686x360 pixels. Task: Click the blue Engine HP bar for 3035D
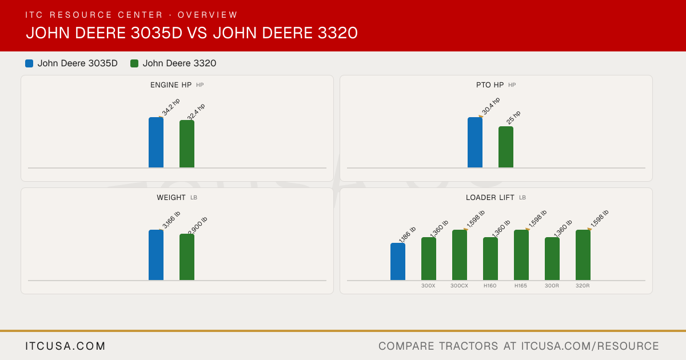[x=156, y=142]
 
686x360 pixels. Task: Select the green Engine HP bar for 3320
[x=187, y=144]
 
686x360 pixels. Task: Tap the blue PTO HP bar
[x=475, y=142]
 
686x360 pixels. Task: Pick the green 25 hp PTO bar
[x=506, y=147]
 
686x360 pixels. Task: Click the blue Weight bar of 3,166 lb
[x=156, y=255]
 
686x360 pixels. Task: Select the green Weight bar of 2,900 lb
[x=187, y=257]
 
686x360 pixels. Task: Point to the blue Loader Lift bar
[x=398, y=262]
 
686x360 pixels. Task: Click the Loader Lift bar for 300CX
[x=460, y=255]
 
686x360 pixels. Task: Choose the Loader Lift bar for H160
[x=490, y=259]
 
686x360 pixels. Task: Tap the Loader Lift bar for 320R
[x=583, y=255]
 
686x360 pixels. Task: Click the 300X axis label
[x=428, y=286]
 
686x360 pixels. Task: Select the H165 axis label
[x=521, y=286]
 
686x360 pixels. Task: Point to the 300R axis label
[x=552, y=286]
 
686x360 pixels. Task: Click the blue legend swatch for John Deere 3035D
[x=29, y=63]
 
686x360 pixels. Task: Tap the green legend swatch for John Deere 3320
[x=134, y=63]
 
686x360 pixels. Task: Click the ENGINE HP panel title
[x=171, y=85]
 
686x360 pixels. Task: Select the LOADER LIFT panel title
[x=490, y=198]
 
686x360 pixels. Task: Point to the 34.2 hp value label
[x=171, y=107]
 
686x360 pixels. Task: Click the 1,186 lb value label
[x=407, y=234]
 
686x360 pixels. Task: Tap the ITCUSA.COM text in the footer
[x=65, y=346]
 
